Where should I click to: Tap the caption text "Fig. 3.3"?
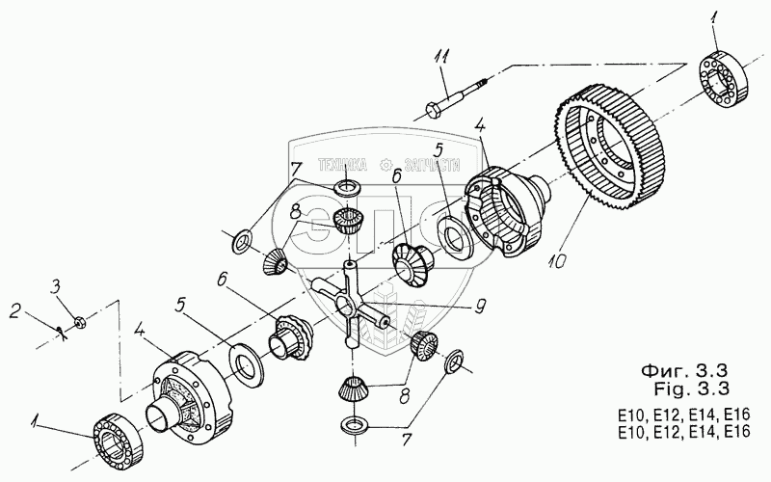point(688,389)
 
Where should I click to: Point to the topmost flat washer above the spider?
point(346,186)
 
